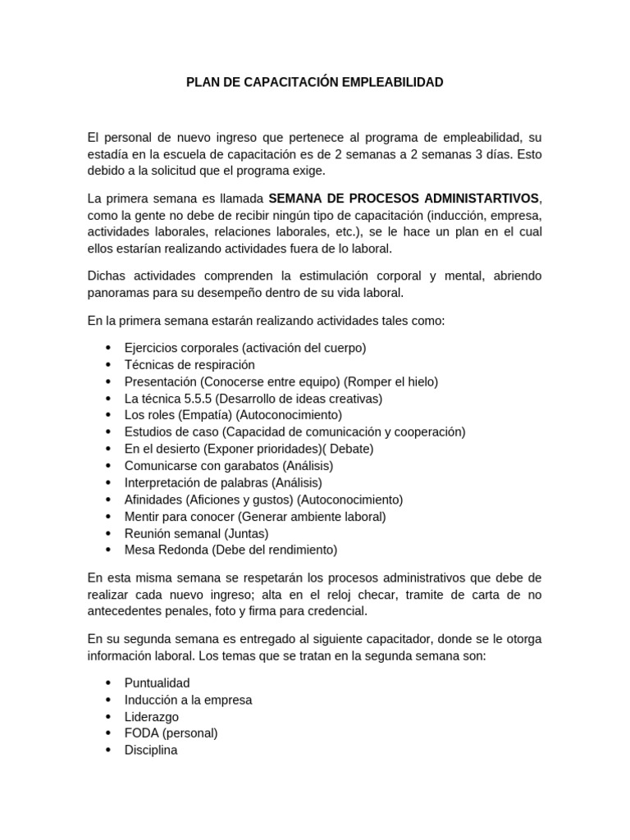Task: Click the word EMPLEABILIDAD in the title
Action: tap(389, 82)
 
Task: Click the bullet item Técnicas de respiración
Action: tap(189, 364)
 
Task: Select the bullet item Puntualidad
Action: tap(157, 682)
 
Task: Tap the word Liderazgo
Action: tap(152, 716)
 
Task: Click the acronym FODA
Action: tap(140, 733)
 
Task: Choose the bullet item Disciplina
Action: tap(151, 750)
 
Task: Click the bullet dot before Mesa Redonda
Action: tap(109, 550)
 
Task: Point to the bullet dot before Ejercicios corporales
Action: tap(109, 348)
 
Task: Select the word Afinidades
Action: tap(153, 499)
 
